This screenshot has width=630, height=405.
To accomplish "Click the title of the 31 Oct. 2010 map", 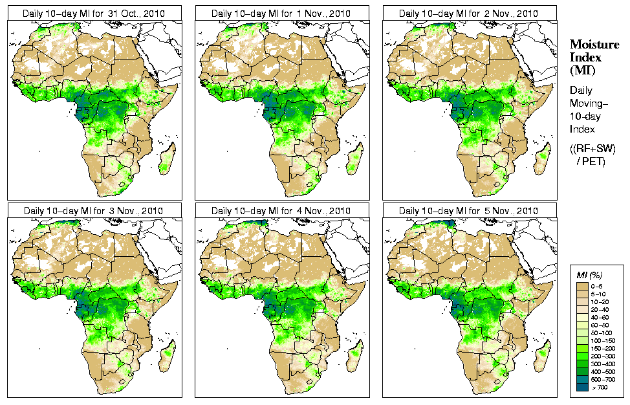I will (93, 14).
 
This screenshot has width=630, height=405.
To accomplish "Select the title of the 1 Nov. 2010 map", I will (281, 14).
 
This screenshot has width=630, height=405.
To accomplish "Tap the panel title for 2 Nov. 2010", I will (469, 14).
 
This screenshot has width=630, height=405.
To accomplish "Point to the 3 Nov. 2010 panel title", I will (93, 211).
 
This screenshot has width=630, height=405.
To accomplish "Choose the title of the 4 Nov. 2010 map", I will (281, 211).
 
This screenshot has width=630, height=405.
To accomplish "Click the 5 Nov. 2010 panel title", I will (469, 211).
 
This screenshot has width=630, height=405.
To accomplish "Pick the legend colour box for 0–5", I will (582, 285).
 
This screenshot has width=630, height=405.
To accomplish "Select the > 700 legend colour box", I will (582, 387).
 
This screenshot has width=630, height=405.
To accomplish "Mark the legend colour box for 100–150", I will (582, 340).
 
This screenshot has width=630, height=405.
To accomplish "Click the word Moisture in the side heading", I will (591, 45).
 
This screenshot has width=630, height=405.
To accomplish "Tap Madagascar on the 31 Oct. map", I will (167, 159).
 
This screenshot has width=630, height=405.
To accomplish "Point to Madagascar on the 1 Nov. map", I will (354, 159).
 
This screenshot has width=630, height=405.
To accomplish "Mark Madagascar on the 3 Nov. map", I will (167, 356).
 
